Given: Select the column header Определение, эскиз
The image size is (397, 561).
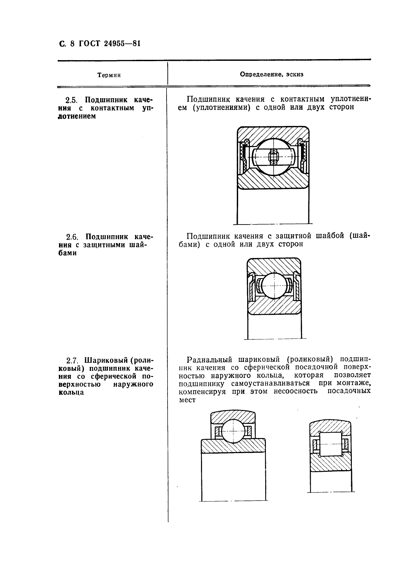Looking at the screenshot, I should pos(272,75).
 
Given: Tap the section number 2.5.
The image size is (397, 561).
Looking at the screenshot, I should pos(71,100).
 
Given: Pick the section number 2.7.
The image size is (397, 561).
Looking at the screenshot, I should pos(72,361).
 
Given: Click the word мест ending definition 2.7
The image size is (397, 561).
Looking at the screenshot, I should pos(187,400).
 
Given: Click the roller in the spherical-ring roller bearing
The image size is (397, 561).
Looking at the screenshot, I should pos(330,444).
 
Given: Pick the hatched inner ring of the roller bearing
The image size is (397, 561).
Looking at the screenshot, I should pos(330,463).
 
